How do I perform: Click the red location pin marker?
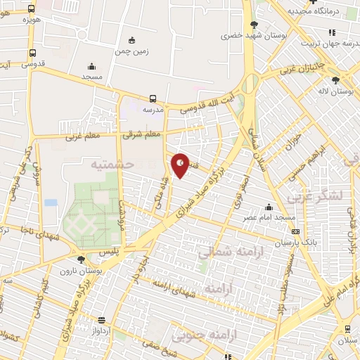pos(181,165)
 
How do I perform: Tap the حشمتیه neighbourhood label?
pos(110,163)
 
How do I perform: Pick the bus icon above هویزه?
pos(31,8)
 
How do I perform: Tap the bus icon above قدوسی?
pos(32,53)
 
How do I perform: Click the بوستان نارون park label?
pos(77,270)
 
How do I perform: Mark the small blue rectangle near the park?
pos(51,202)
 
